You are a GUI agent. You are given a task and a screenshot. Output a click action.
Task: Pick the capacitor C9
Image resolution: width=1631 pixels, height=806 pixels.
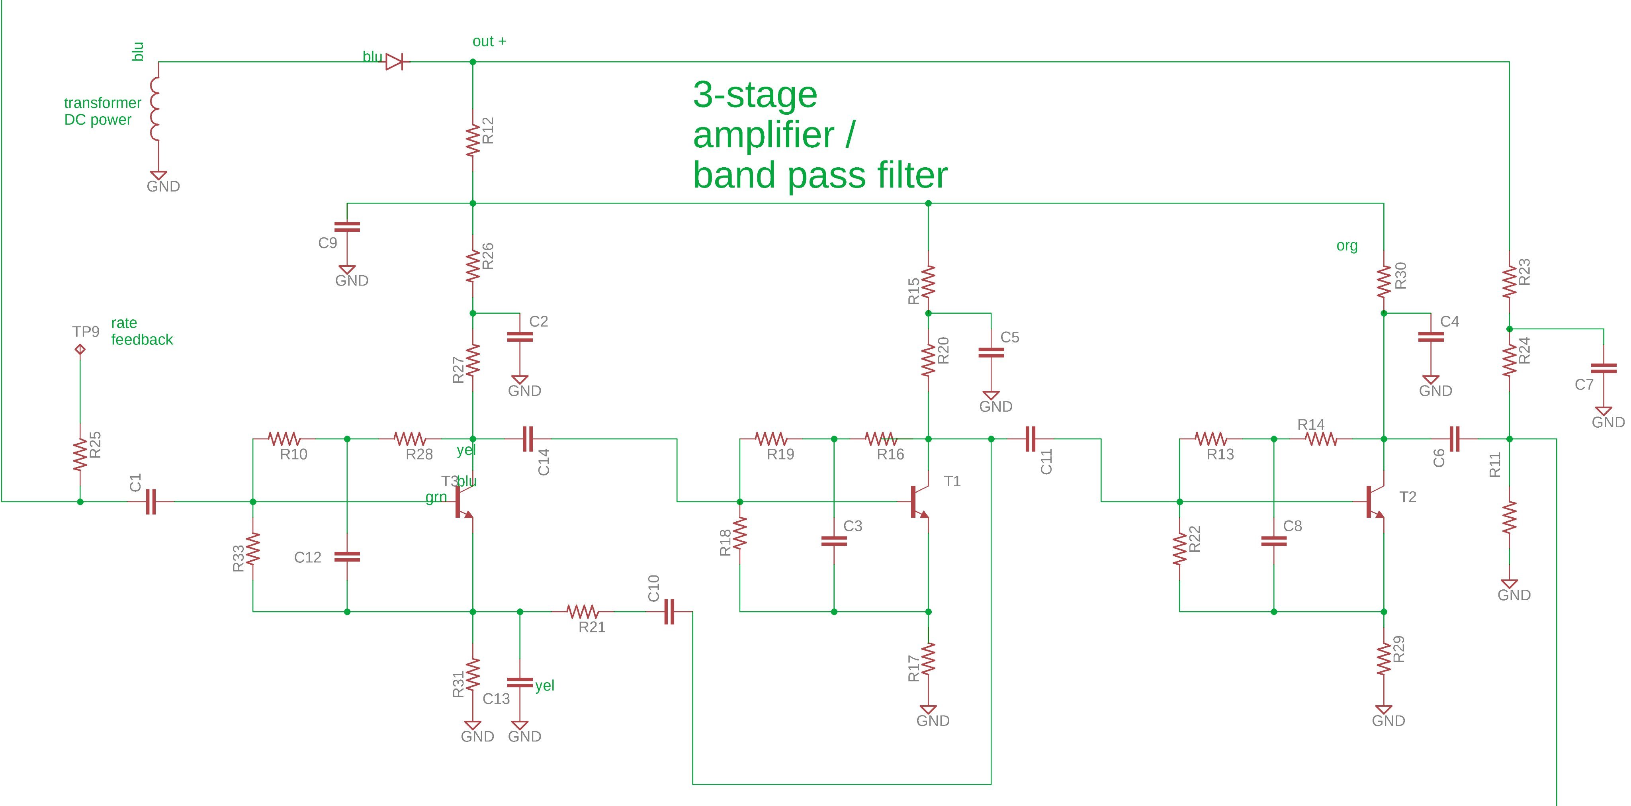point(347,227)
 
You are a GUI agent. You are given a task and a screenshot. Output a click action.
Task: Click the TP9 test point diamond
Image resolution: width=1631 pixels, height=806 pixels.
point(80,349)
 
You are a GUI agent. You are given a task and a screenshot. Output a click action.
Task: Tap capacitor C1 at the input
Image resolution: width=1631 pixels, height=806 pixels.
point(151,501)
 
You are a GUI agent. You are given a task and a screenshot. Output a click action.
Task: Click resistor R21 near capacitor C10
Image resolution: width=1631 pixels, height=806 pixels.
point(583,612)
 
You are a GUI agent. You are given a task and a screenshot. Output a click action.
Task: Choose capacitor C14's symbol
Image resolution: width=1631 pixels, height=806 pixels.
point(528,439)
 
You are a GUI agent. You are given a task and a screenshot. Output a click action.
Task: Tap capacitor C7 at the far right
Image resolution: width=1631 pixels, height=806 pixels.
point(1604,368)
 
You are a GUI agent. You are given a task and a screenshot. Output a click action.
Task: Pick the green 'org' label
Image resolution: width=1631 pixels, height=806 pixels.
point(1347,246)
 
